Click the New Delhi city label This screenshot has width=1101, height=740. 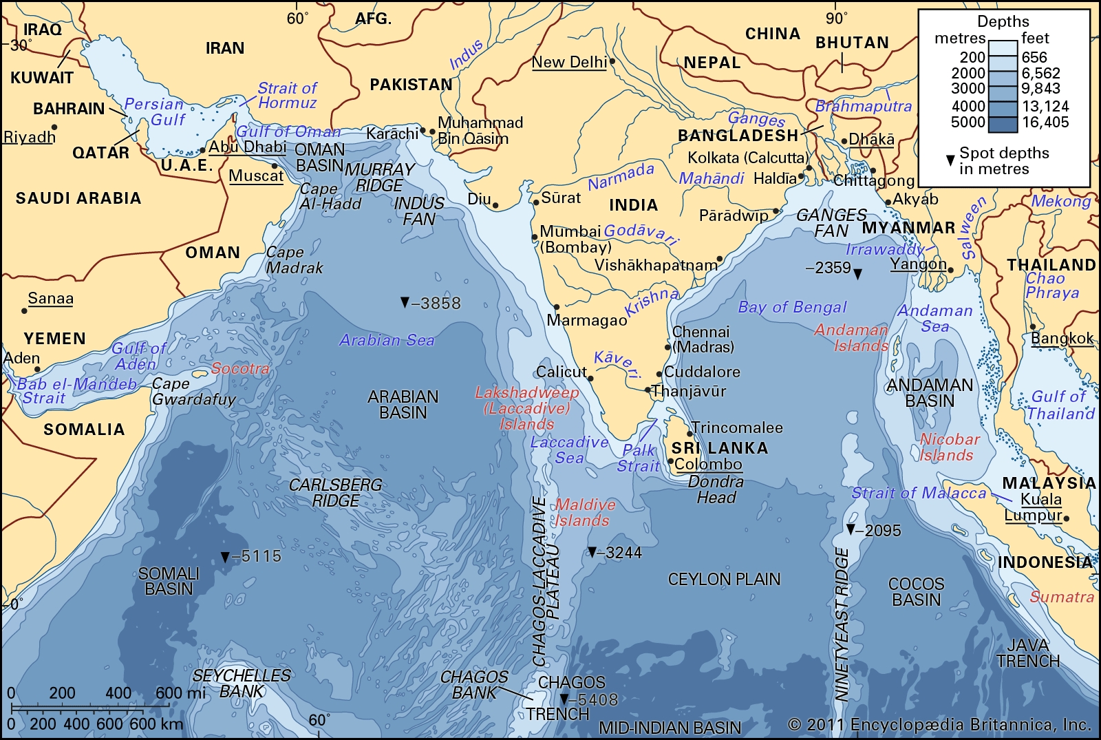coord(569,62)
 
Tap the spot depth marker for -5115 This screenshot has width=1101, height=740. coord(225,556)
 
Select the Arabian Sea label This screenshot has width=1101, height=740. coord(387,340)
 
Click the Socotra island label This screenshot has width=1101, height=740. coord(240,368)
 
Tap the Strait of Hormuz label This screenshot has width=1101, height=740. coord(287,96)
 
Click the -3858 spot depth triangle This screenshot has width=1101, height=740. coord(405,302)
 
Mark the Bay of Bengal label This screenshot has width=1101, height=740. coord(792,307)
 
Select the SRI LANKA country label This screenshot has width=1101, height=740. coord(720,448)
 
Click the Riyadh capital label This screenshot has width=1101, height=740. coord(29,137)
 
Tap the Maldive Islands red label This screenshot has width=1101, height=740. coord(584,513)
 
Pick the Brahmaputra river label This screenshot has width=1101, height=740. coord(863,106)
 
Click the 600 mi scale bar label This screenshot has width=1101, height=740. coord(180,693)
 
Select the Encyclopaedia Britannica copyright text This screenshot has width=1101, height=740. coord(939,724)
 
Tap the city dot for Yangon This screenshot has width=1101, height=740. coord(950,269)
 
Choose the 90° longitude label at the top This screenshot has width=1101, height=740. coord(836,19)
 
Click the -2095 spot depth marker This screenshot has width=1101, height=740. coord(851,529)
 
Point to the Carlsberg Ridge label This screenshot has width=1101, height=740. coord(335,493)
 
